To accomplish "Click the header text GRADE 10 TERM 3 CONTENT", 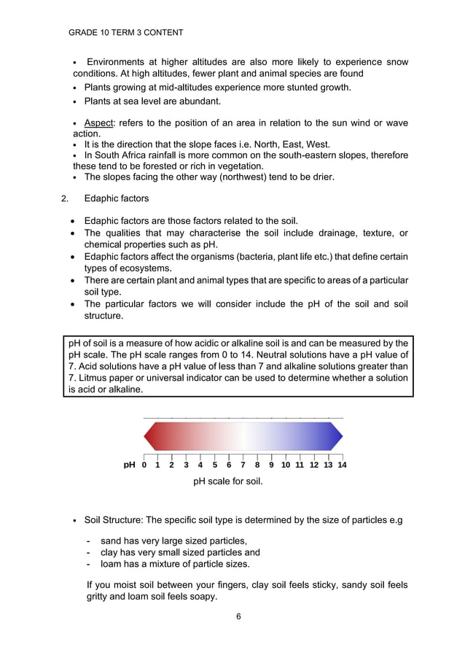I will [x=125, y=33].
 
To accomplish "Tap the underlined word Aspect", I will [x=99, y=123].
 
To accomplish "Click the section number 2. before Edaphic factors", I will [x=65, y=198].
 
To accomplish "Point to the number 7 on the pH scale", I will [x=243, y=465].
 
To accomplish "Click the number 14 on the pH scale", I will [x=342, y=465].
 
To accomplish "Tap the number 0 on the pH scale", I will [x=144, y=465].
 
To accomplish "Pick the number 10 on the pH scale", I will [x=286, y=465].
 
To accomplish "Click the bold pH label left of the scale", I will [x=129, y=465].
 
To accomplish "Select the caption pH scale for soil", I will [x=227, y=481].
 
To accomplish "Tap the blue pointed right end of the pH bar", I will [x=337, y=436].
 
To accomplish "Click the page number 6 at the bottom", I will [x=238, y=616].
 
